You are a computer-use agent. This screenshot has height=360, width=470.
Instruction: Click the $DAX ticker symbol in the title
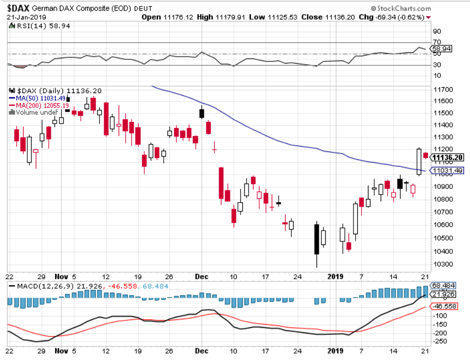[19, 9]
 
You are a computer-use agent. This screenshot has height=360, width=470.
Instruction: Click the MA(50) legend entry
[37, 98]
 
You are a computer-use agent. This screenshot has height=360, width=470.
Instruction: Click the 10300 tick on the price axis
[444, 264]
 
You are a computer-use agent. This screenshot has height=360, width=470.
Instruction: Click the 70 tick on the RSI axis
[437, 42]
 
